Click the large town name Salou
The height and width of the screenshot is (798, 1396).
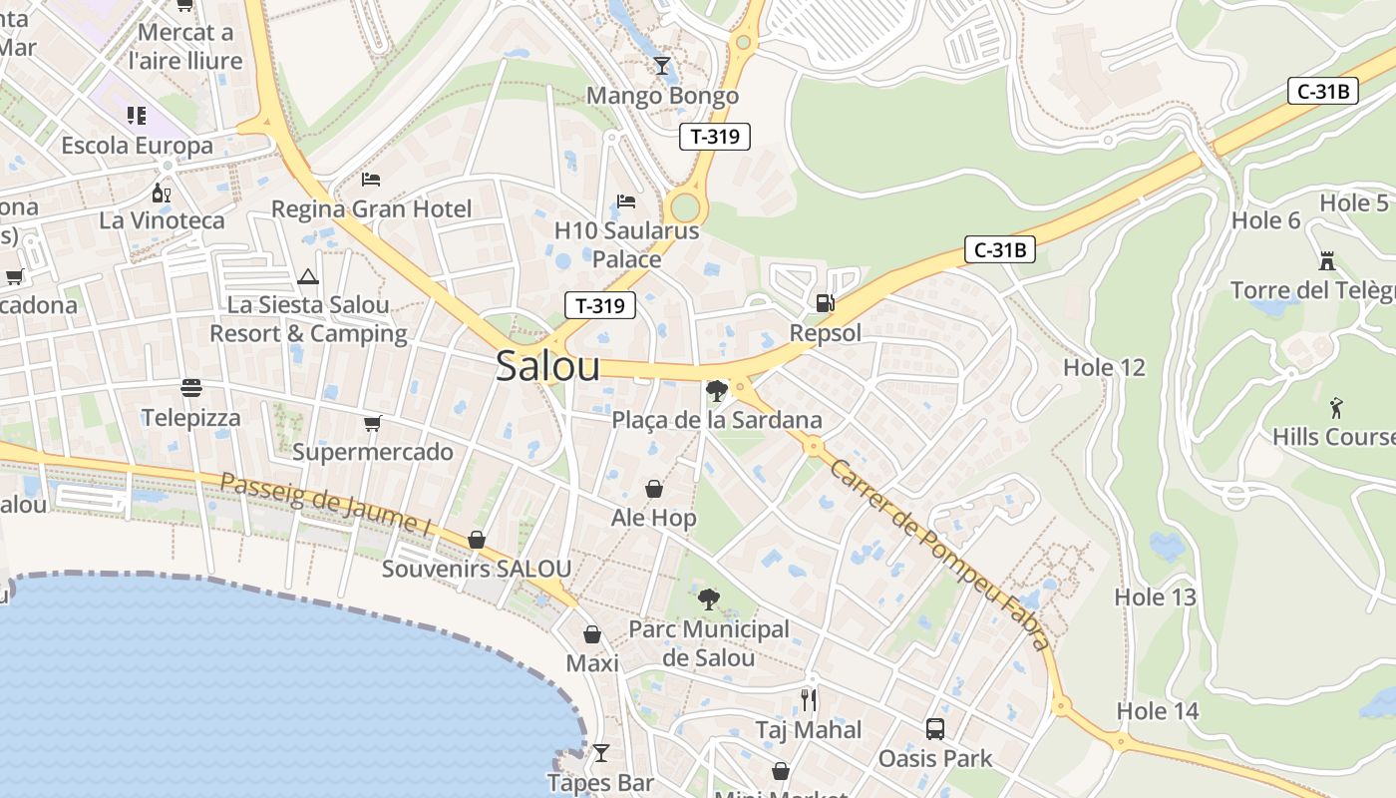[547, 366]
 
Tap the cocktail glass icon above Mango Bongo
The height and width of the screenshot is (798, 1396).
[662, 66]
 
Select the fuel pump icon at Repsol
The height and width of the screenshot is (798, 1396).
[825, 302]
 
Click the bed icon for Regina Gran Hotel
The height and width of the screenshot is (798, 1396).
[371, 180]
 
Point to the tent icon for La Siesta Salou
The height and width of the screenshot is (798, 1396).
[307, 275]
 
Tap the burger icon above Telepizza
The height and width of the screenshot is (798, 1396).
[191, 387]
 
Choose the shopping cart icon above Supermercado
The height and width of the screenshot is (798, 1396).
[372, 423]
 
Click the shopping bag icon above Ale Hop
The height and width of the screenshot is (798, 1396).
[654, 489]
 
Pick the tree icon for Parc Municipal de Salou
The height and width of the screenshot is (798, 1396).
[708, 599]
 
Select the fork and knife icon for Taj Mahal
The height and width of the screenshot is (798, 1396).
[809, 700]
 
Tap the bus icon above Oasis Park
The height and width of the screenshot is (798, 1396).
[934, 728]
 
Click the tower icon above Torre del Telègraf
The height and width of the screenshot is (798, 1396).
[1326, 260]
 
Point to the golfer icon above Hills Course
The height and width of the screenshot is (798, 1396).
[1336, 407]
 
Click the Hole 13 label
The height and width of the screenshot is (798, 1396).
[1155, 598]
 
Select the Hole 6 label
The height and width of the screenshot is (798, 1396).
[1266, 220]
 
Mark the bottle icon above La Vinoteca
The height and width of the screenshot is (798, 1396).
[161, 192]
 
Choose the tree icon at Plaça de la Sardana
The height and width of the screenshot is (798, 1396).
[715, 390]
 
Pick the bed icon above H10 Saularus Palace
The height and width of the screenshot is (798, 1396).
[626, 200]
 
